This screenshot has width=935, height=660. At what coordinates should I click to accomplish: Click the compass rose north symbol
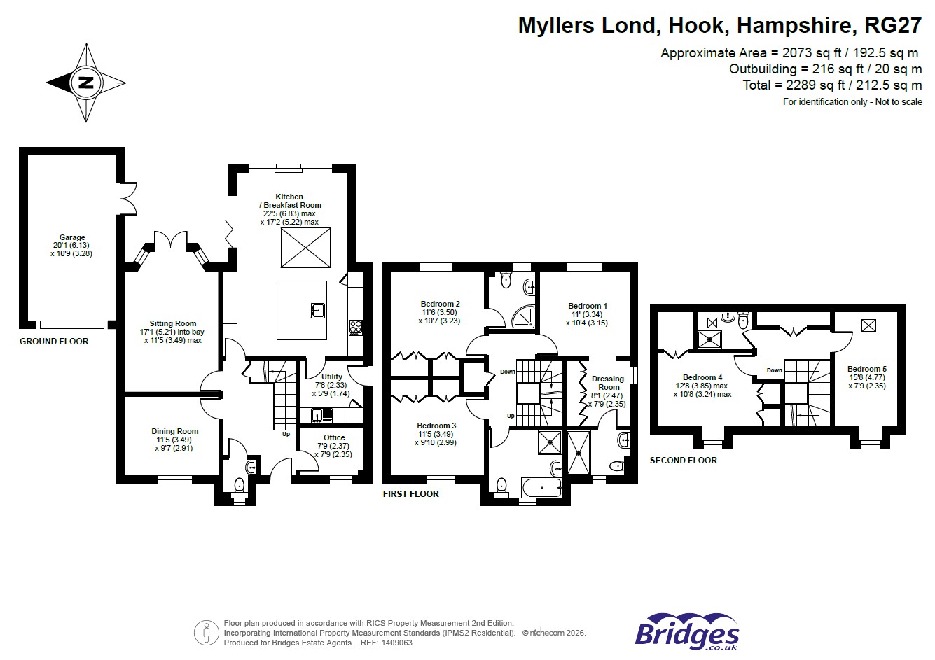coord(86,83)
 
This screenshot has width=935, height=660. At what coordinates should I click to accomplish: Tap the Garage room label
coord(72,238)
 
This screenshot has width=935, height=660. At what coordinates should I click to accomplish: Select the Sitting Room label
coord(172,324)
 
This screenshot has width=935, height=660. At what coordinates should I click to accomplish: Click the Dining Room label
coord(174,431)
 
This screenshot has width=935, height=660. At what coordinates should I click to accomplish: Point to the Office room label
coord(334,437)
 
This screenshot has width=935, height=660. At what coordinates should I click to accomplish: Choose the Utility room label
coord(332,377)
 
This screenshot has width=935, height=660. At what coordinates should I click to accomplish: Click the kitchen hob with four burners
coord(356,327)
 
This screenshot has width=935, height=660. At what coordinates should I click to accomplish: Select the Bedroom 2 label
coord(441,304)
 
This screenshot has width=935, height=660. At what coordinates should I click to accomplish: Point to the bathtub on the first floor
coord(541,488)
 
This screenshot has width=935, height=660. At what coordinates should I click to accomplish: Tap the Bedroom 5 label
coord(866,369)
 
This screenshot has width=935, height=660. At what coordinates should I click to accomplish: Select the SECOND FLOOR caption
coord(683,461)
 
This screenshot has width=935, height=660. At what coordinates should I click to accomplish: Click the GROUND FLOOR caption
coord(54,342)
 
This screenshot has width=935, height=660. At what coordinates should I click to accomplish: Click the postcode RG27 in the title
coord(893,26)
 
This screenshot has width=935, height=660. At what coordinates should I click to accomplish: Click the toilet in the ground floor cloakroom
coord(239,484)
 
